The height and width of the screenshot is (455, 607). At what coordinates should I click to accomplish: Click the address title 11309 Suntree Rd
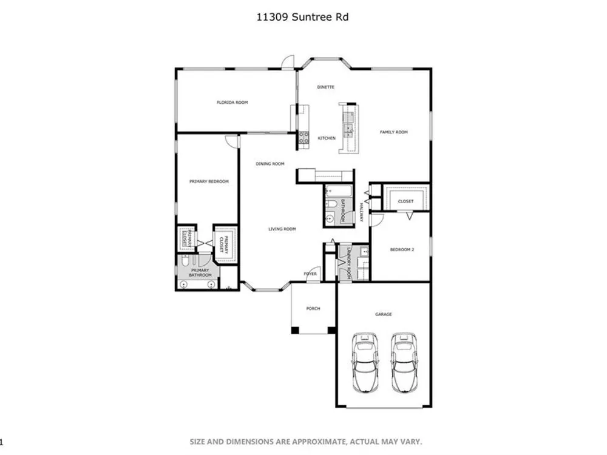[x=302, y=17]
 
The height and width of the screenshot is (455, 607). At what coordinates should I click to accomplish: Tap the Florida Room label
[x=232, y=103]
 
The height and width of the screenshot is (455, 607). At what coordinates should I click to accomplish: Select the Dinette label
[x=325, y=87]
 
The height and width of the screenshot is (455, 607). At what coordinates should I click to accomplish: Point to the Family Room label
[x=394, y=132]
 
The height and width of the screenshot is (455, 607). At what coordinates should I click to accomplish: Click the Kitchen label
[x=327, y=138]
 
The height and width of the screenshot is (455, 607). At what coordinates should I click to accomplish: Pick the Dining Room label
[x=270, y=164]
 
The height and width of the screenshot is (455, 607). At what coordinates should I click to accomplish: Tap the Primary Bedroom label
[x=209, y=181]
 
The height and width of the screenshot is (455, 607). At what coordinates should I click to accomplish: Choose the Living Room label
[x=282, y=229]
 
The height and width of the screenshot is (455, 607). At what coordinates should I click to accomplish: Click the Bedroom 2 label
[x=402, y=250]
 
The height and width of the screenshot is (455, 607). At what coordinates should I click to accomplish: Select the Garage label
[x=384, y=314]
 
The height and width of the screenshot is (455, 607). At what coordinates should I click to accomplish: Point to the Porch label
[x=313, y=309]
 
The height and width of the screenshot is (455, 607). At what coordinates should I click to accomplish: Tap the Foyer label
[x=310, y=274]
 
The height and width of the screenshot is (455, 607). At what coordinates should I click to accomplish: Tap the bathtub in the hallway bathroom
[x=339, y=190]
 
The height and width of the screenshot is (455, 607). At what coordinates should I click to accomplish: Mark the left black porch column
[x=295, y=331]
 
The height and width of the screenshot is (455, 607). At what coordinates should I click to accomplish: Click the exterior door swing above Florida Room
[x=288, y=62]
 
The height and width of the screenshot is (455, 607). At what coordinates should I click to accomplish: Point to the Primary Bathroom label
[x=200, y=273]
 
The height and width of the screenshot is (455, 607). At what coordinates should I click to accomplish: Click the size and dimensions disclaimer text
[x=306, y=442]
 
